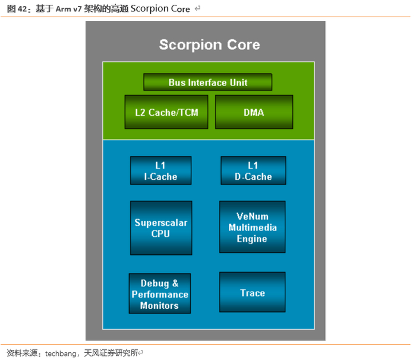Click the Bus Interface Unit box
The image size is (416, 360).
point(207,82)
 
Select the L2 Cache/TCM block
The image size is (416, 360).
point(166,112)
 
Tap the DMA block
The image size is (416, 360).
point(254,112)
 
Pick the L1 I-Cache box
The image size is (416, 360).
point(160,170)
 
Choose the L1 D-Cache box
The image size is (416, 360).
point(253,170)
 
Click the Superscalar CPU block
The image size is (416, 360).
point(160,228)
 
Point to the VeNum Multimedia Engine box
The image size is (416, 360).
point(252,228)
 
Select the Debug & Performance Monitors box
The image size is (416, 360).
point(159,293)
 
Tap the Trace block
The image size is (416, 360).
point(252,292)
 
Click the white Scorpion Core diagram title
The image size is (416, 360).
point(209,45)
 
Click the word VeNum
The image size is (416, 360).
point(253,216)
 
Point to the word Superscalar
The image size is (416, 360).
point(160,223)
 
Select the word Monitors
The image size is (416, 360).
point(159,305)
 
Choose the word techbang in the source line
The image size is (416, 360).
point(61,353)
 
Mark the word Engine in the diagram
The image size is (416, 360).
point(252,239)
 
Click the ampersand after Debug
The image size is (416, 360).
point(175,283)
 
